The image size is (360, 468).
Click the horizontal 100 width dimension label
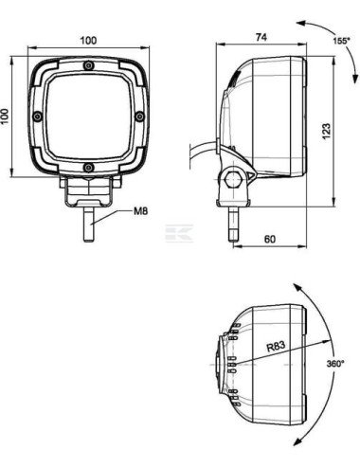click(x=88, y=41)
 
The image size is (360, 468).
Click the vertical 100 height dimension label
click(x=4, y=117)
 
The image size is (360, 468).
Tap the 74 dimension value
click(x=261, y=37)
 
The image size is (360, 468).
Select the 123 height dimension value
click(x=326, y=131)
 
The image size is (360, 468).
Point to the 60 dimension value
click(x=269, y=239)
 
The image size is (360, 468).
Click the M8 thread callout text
click(x=140, y=211)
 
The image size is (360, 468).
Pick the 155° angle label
click(x=341, y=41)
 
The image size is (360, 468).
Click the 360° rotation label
click(x=335, y=364)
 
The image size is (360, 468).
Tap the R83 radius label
click(x=276, y=347)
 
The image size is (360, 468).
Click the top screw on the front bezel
click(x=89, y=65)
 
